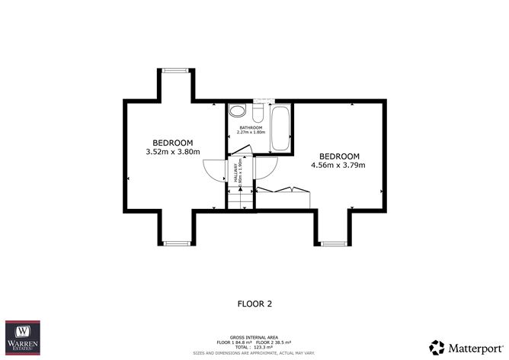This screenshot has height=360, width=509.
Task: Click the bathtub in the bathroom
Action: click(280, 128)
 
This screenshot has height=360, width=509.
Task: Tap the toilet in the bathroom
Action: click(258, 115)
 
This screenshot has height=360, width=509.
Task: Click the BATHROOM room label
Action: click(251, 127)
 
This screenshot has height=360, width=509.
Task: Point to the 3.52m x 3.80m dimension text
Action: click(172, 152)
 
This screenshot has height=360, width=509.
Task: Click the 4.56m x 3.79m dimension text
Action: click(338, 165)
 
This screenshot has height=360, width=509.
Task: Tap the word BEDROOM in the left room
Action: click(172, 143)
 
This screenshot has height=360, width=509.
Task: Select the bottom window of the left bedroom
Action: click(176, 244)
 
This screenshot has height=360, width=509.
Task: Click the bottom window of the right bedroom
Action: click(332, 244)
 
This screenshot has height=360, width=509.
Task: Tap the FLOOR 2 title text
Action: click(255, 303)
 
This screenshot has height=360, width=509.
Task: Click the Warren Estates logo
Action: click(23, 336)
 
